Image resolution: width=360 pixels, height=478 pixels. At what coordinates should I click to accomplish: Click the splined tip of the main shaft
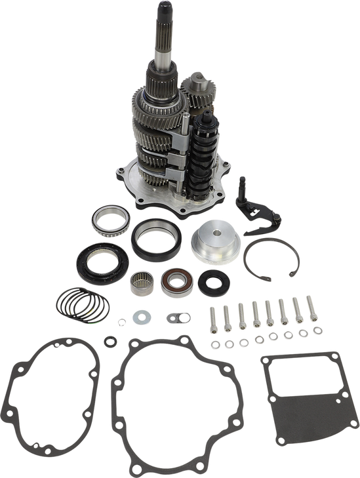tap(163, 13)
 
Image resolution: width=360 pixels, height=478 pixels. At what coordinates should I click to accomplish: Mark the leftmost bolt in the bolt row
tap(211, 319)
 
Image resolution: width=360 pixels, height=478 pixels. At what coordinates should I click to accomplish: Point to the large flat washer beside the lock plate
tap(141, 319)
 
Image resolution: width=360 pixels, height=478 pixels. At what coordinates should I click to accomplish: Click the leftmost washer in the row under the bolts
tap(213, 344)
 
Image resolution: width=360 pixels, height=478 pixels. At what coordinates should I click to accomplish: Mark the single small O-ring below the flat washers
tap(108, 339)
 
